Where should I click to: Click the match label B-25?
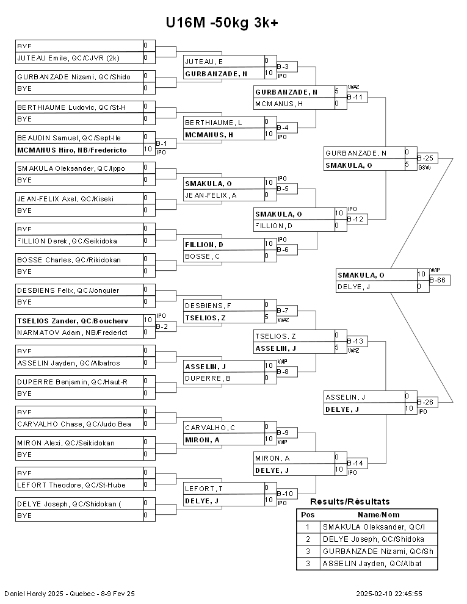[x=425, y=157]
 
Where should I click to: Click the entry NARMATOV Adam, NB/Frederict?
[x=72, y=333]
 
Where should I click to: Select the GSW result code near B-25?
[x=424, y=167]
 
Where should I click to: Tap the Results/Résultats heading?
[x=350, y=502]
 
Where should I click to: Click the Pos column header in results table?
[x=308, y=515]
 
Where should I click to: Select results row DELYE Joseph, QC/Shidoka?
[x=373, y=539]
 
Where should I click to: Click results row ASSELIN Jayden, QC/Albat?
[x=373, y=564]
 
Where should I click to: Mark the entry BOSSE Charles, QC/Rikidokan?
[x=69, y=259]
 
